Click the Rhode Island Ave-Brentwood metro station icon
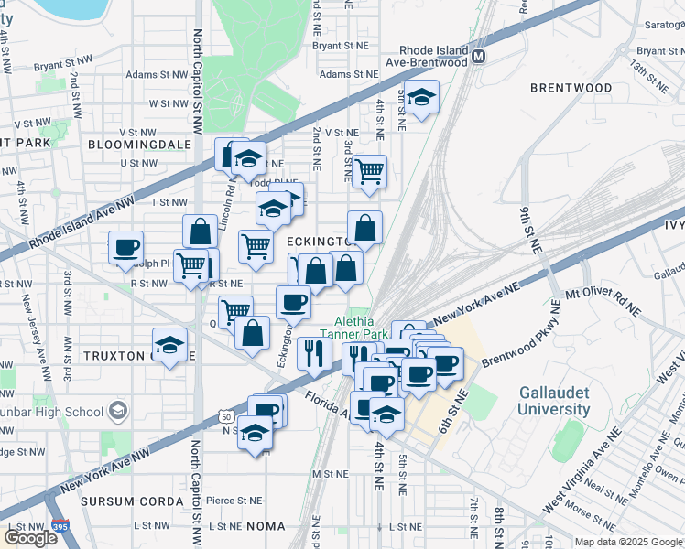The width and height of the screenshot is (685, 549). tap(478, 58)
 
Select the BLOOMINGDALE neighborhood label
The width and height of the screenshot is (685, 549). tap(139, 145)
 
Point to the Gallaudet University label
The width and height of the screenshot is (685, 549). tap(554, 401)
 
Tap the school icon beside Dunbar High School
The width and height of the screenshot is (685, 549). tap(118, 412)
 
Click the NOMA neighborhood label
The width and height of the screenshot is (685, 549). tap(266, 527)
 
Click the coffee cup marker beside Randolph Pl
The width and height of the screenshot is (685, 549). tap(126, 247)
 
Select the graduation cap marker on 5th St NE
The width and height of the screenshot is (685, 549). tap(421, 97)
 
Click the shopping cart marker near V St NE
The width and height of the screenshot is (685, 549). tap(369, 171)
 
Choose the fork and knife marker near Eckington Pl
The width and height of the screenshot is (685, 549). tap(313, 352)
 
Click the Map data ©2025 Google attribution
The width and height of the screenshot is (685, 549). tap(628, 542)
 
